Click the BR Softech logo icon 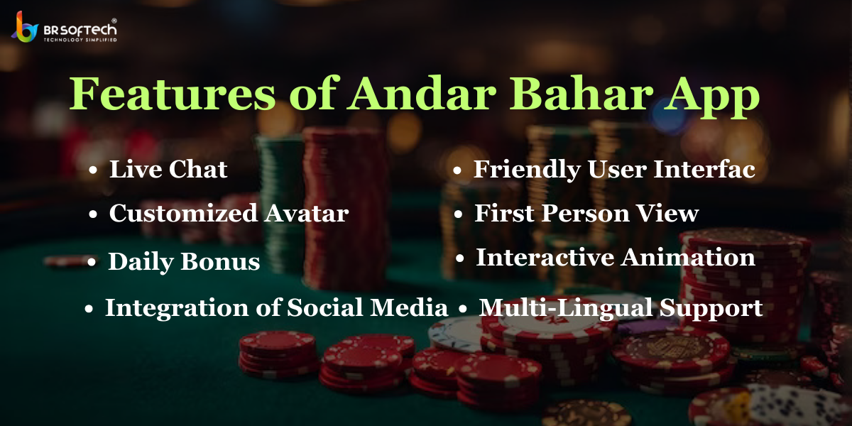coord(25,27)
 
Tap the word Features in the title coord(173,93)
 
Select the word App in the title coord(712,97)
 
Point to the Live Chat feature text coord(168,169)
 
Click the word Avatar coord(307,213)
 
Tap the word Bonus coord(220,262)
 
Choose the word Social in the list coord(325,307)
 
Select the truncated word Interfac coord(704,169)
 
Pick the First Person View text coord(586,213)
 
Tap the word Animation coord(688,258)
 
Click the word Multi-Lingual coord(566,308)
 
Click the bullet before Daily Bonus coord(92,262)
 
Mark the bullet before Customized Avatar coord(93,214)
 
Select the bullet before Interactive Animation coord(460,258)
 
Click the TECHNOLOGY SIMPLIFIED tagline coord(80,40)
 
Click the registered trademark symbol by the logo coord(114,21)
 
